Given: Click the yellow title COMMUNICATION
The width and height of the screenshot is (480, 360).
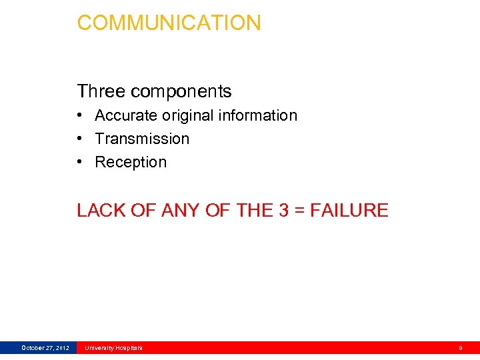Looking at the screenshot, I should point(169,23).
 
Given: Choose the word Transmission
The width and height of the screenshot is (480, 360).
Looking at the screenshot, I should point(142,139).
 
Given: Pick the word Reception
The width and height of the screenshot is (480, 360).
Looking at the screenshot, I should point(131,162).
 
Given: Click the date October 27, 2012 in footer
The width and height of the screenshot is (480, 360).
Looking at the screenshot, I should point(45,348).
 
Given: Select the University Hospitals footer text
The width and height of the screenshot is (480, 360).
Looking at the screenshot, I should point(113,348).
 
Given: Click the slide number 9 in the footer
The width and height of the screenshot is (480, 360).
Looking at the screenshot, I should point(461,348).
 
